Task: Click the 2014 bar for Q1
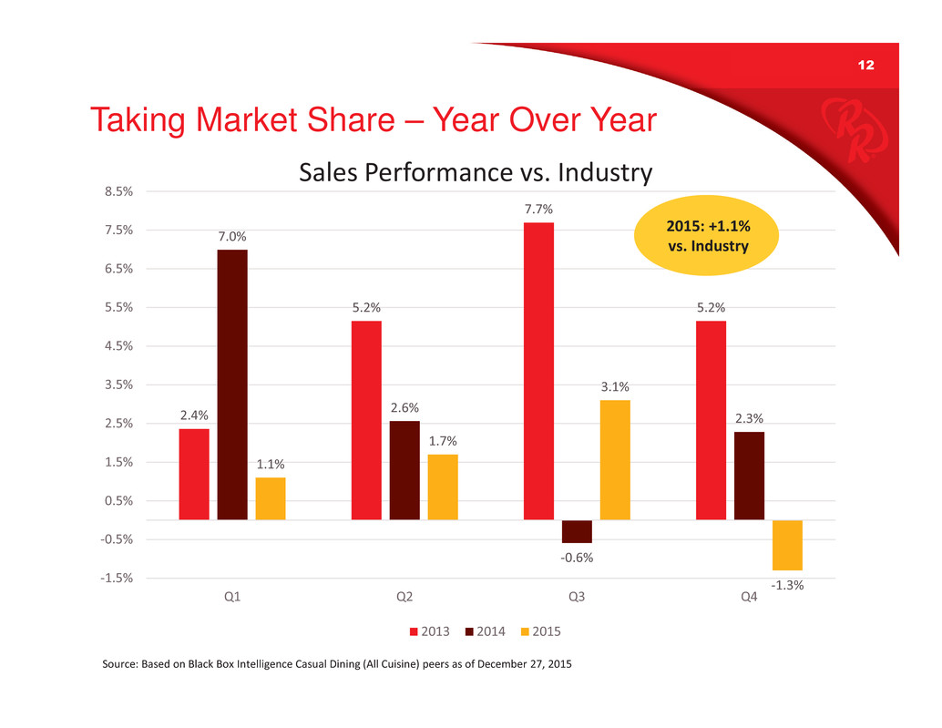coord(232,385)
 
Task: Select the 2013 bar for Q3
coord(538,371)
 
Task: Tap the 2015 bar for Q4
coord(787,545)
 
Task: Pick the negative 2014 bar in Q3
coord(577,531)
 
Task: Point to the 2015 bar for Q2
coord(443,487)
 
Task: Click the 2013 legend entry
coord(434,631)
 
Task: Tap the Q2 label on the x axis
coord(404,598)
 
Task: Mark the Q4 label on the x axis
coord(749,598)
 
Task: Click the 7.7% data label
coord(538,210)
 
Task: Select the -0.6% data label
coord(577,557)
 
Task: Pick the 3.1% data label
coord(615,386)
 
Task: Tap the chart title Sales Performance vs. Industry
coord(476,172)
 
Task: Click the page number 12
coord(865,67)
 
